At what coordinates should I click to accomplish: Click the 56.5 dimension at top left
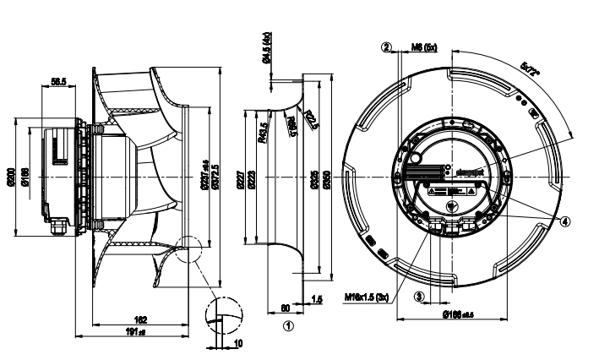pyautogui.click(x=59, y=81)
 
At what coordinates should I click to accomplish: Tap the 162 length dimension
pyautogui.click(x=141, y=319)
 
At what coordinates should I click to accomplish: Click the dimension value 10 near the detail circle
pyautogui.click(x=239, y=344)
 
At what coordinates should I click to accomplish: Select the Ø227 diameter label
pyautogui.click(x=241, y=178)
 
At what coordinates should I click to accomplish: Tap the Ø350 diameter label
pyautogui.click(x=326, y=179)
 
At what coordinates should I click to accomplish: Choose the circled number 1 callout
pyautogui.click(x=288, y=324)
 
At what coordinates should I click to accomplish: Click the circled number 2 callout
pyautogui.click(x=386, y=47)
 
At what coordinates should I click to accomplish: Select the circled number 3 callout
pyautogui.click(x=418, y=296)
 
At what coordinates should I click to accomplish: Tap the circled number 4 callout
pyautogui.click(x=565, y=221)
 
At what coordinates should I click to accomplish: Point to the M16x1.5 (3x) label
pyautogui.click(x=368, y=297)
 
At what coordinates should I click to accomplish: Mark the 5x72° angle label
pyautogui.click(x=533, y=67)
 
